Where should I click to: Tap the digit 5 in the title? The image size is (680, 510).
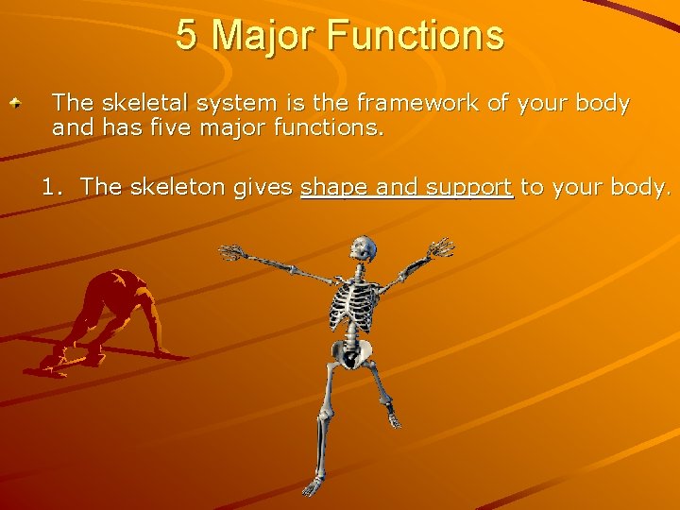(187, 36)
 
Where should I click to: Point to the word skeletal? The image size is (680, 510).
(133, 103)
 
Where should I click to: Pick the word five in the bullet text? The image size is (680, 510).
(169, 127)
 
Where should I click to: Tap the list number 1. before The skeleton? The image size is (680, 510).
(55, 187)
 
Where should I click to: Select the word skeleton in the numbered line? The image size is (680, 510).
(177, 187)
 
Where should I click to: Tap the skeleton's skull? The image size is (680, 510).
(363, 249)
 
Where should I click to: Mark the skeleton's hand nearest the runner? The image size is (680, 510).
(230, 252)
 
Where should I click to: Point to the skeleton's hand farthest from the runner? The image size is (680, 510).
(441, 247)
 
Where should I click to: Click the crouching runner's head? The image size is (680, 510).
(120, 280)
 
